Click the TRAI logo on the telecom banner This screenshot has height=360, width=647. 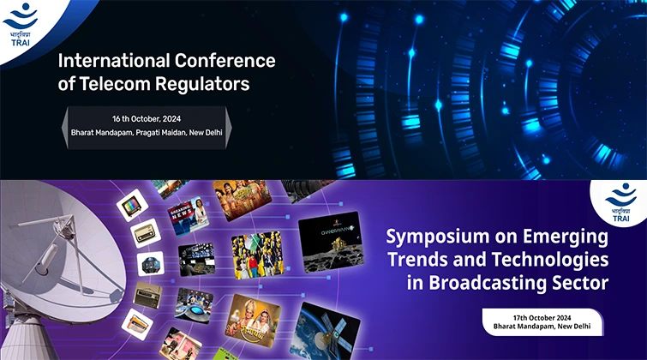coord(20,24)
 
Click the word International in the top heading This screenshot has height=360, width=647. coord(114,61)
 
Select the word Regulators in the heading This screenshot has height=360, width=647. coord(202,84)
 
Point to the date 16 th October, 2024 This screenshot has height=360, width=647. coord(147,119)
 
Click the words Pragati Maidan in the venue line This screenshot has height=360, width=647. coord(161,133)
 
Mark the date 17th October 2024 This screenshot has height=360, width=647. coord(542,318)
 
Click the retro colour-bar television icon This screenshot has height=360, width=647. coord(132,204)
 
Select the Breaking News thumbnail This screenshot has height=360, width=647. coord(189,216)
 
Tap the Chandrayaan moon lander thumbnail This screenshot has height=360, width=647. coord(331,242)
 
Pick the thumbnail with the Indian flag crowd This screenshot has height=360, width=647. coord(257,255)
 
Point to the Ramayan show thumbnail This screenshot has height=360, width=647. coord(253,321)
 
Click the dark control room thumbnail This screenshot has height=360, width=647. coord(197,259)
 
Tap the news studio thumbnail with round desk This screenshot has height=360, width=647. coord(193,305)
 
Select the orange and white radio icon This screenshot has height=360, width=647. coord(137,324)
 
